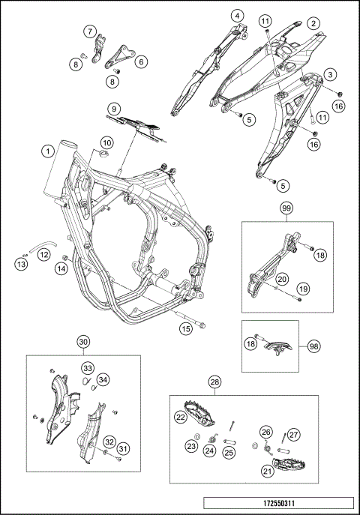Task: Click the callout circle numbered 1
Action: [48, 151]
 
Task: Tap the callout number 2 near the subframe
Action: [313, 24]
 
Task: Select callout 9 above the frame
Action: [114, 109]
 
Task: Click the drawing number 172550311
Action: [279, 503]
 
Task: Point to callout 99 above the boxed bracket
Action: [286, 208]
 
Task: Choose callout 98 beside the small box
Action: [314, 346]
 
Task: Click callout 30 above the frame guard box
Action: [83, 342]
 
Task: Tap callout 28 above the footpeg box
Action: [214, 382]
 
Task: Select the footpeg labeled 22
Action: [199, 412]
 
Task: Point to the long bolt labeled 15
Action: [190, 319]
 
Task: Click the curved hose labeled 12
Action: [43, 245]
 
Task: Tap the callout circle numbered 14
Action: [61, 269]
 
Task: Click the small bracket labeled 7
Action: [98, 48]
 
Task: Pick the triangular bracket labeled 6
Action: [120, 56]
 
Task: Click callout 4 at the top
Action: [237, 16]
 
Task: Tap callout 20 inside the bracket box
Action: [282, 279]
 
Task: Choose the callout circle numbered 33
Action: [88, 369]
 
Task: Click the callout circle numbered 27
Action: [293, 436]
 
